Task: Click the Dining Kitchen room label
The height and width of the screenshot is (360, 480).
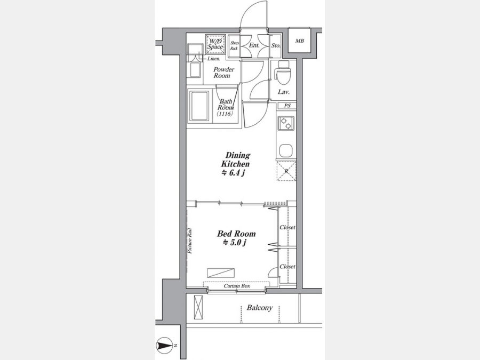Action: click(235, 159)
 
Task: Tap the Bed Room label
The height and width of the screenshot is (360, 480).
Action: click(236, 234)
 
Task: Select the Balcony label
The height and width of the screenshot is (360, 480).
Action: click(260, 308)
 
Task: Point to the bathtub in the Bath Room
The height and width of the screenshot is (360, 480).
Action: click(199, 106)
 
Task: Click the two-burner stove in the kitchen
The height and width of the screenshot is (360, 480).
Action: click(286, 123)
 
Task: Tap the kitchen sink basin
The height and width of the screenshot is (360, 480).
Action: click(286, 150)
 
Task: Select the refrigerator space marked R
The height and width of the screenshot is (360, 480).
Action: click(286, 171)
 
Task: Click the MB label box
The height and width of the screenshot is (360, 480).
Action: click(300, 41)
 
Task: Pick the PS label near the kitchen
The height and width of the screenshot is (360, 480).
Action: click(287, 106)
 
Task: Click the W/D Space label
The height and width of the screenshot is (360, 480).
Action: click(215, 44)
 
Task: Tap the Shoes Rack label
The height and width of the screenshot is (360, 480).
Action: click(234, 46)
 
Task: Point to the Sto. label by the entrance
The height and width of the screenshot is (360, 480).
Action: click(276, 46)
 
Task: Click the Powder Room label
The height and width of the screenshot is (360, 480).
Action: click(224, 73)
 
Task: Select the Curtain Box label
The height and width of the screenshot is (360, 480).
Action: click(237, 286)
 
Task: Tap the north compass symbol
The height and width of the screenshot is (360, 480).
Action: click(165, 346)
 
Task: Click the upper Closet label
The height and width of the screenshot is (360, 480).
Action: click(287, 227)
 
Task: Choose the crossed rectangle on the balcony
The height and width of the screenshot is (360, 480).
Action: click(198, 308)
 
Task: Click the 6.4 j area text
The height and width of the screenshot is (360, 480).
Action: click(233, 173)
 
